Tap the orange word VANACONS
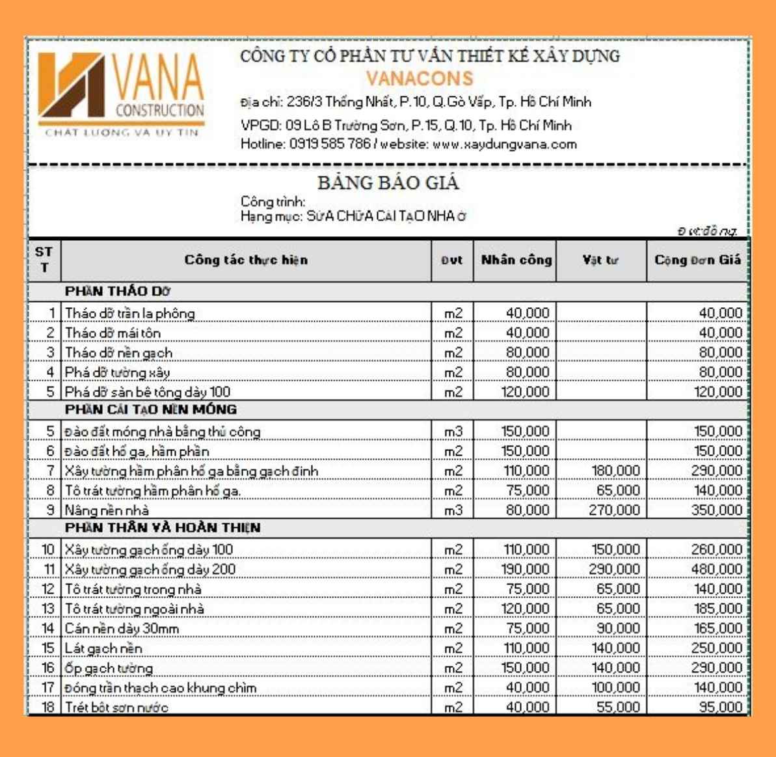coord(420,79)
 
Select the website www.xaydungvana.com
coord(505,145)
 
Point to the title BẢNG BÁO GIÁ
coord(388,183)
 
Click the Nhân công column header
coord(516,260)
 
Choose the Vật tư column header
coord(600,260)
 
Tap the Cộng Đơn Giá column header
coord(697,260)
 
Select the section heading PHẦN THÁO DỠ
coord(118,291)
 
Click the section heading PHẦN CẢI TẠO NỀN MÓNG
coord(151,410)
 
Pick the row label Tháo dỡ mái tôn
coord(113,333)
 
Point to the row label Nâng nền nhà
coord(107,510)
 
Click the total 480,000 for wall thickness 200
coord(716,570)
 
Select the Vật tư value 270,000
coord(614,510)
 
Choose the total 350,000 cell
coord(716,510)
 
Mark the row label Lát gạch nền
coord(103,648)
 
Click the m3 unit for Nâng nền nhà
coord(453,510)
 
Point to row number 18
coord(48,708)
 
